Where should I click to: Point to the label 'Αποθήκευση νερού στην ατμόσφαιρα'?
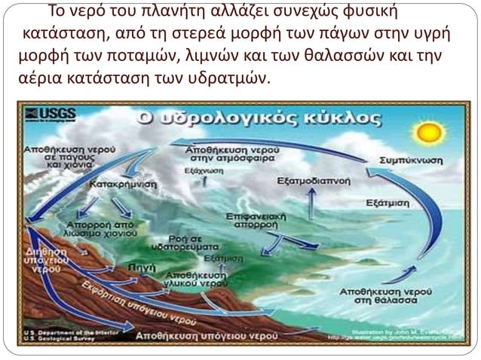pos(231,154)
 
